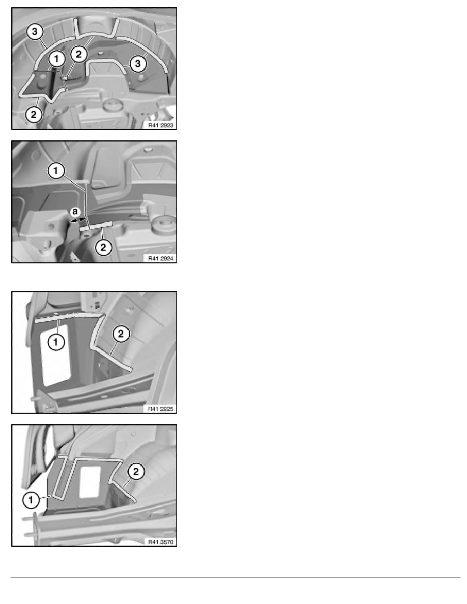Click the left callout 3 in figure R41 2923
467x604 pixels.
pyautogui.click(x=35, y=32)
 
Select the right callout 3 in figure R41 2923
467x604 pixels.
pyautogui.click(x=138, y=64)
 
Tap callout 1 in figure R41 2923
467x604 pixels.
pyautogui.click(x=56, y=59)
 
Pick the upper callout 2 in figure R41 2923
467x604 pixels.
pyautogui.click(x=79, y=54)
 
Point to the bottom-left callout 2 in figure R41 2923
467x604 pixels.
pyautogui.click(x=34, y=114)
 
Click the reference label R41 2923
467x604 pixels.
pyautogui.click(x=161, y=125)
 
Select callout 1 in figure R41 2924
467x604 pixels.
pyautogui.click(x=56, y=171)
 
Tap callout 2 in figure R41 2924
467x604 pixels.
pyautogui.click(x=103, y=247)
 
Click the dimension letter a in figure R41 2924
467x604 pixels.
pyautogui.click(x=75, y=212)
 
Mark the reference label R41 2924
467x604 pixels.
pyautogui.click(x=161, y=258)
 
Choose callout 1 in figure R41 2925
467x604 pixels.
pyautogui.click(x=56, y=342)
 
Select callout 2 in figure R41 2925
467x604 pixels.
pyautogui.click(x=121, y=334)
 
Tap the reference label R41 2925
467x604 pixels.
pyautogui.click(x=161, y=409)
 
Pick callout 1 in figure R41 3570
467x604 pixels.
pyautogui.click(x=31, y=500)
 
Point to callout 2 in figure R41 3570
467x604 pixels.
pyautogui.click(x=136, y=471)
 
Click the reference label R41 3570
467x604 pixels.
pyautogui.click(x=161, y=542)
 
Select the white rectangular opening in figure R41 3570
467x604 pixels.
pyautogui.click(x=90, y=482)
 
